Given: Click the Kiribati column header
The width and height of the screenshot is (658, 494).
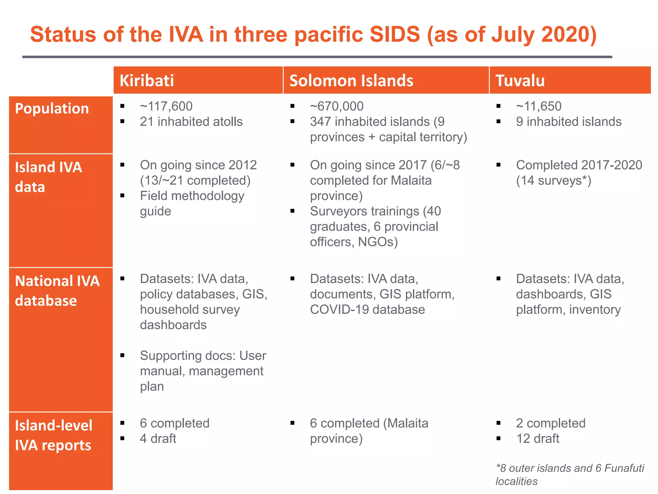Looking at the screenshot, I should click(147, 80).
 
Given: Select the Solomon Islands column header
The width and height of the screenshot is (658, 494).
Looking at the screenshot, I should click(351, 80).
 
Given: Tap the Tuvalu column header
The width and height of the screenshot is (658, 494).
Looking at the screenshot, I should click(520, 80).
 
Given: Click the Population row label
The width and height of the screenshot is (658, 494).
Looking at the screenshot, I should click(52, 109).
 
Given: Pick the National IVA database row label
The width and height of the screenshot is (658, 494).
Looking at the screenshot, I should click(57, 291).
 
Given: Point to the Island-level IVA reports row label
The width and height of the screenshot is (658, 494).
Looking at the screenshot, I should click(53, 435).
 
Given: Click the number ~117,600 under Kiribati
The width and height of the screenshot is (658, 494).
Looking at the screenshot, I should click(166, 106).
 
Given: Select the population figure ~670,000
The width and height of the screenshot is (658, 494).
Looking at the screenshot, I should click(336, 106).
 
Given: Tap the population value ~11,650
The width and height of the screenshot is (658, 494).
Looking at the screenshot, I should click(538, 106).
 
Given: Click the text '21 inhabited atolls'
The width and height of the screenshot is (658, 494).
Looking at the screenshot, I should click(191, 122).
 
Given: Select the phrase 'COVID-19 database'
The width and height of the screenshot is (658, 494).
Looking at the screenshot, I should click(367, 309).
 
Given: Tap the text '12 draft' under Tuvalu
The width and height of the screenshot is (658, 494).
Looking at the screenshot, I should click(538, 438).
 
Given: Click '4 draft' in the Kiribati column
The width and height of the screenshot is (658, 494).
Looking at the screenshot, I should click(158, 438).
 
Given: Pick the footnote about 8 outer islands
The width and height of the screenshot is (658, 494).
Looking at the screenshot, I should click(569, 474).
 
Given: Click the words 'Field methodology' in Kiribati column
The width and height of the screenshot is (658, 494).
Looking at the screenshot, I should click(192, 196).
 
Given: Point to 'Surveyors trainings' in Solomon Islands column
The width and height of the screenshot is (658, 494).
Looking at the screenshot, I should click(364, 211).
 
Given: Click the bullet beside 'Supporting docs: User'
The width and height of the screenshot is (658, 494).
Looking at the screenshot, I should click(122, 355).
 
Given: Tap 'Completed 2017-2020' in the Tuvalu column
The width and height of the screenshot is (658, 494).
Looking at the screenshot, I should click(579, 165).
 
